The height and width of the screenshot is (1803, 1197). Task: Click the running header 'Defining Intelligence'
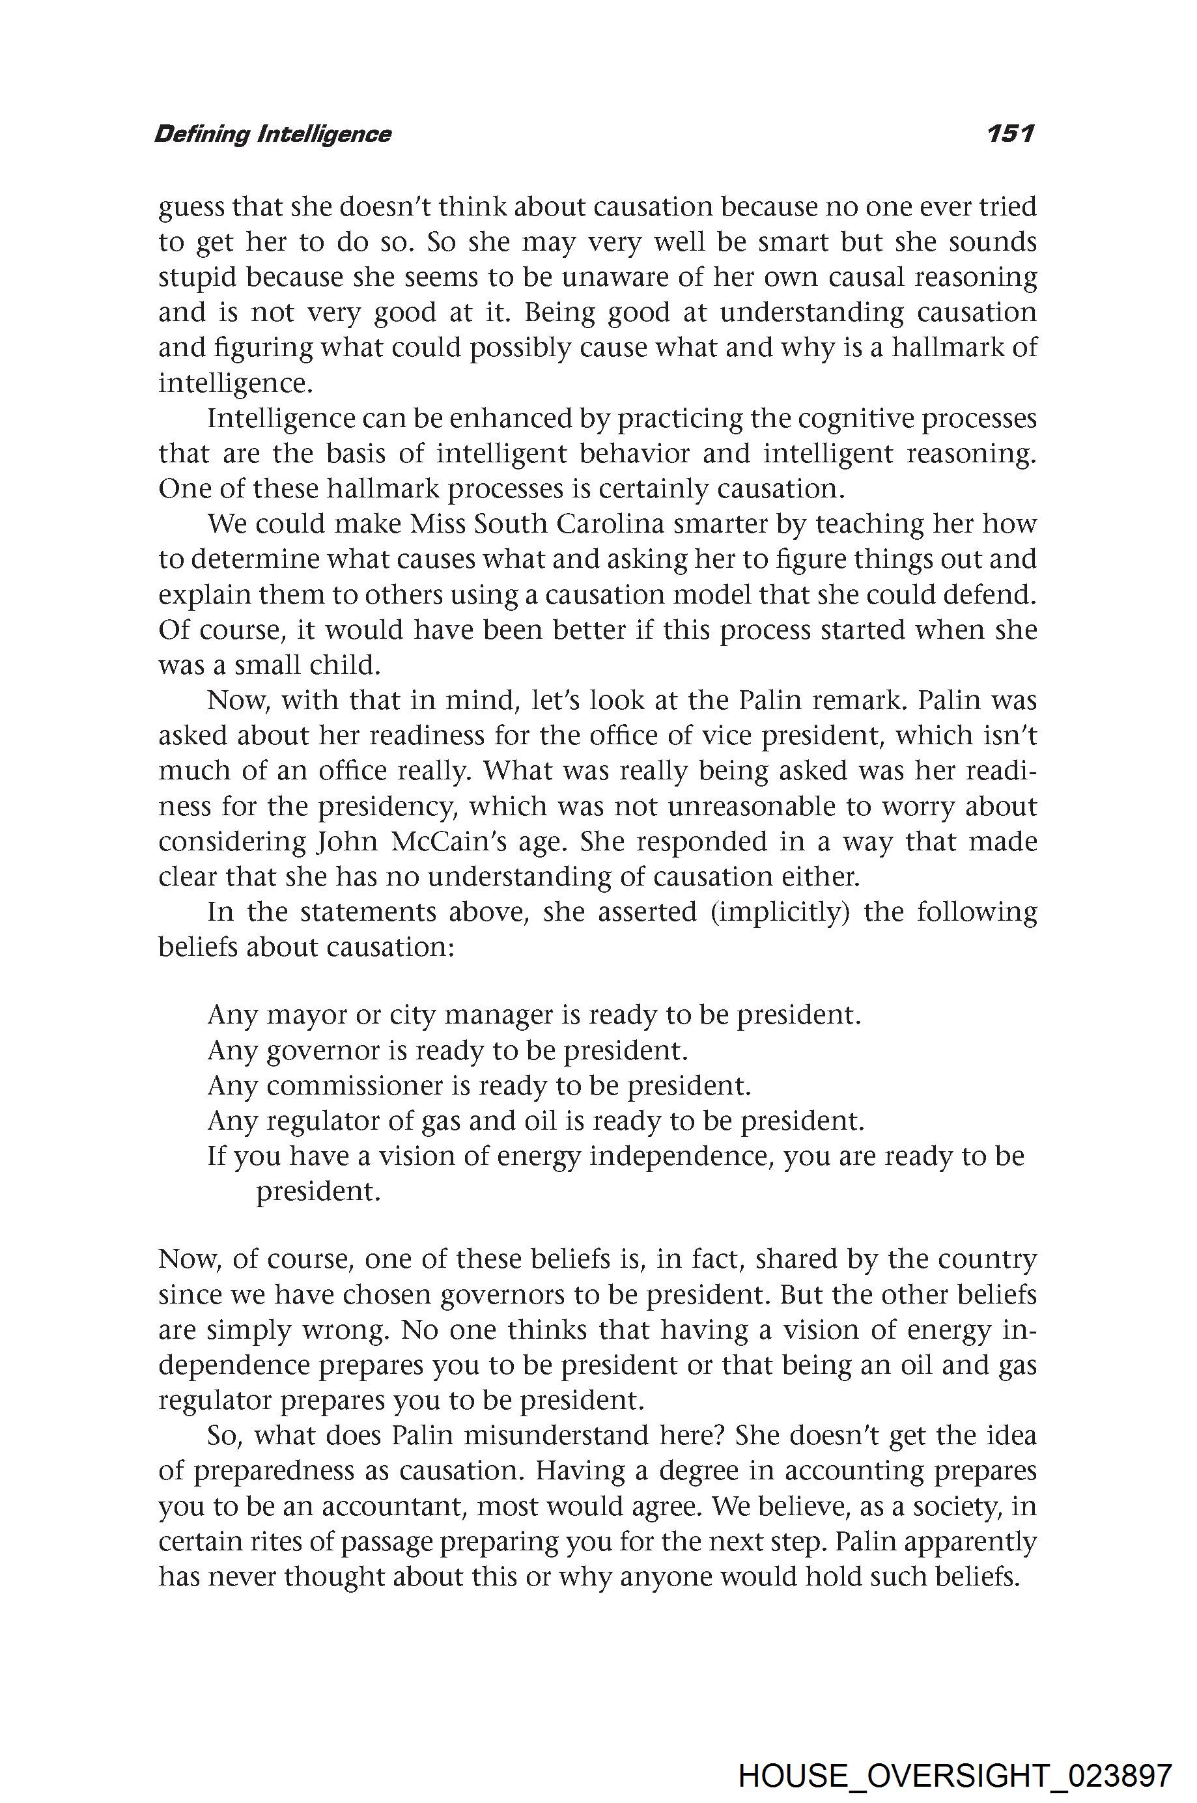coord(272,134)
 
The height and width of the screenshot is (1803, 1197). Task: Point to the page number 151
coord(1010,134)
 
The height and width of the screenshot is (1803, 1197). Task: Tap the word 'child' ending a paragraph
coord(345,665)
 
